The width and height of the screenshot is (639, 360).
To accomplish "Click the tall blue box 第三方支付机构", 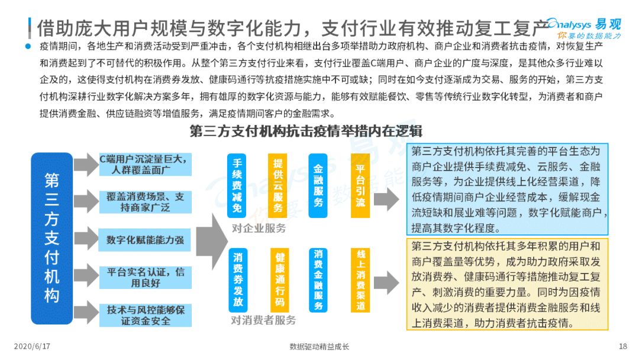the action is coord(51,238).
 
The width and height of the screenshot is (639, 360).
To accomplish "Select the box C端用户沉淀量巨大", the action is coord(146,164).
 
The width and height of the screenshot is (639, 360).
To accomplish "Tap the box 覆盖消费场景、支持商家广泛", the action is coord(146,202).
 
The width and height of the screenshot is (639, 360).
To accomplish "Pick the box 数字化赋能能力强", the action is coord(146,240).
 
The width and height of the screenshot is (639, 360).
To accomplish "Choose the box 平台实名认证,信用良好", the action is coord(146,277).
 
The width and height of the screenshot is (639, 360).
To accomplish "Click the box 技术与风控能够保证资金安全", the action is coord(146,315).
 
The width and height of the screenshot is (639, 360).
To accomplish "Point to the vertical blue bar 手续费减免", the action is coord(237,185).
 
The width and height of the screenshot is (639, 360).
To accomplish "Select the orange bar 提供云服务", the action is coord(277,185).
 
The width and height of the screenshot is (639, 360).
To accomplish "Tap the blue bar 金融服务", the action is coord(318,185).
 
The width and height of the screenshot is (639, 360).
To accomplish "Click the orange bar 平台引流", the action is coord(360,185).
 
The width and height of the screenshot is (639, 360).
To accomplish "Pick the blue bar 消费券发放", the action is coord(238,280).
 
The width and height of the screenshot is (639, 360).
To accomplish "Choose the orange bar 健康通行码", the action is coord(279,280).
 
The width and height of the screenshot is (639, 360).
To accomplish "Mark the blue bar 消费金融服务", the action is coord(318,280).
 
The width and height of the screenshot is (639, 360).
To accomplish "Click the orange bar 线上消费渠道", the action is coord(361,280).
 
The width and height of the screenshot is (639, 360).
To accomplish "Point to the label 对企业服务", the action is coord(259,229).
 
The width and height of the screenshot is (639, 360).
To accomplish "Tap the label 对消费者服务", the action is coord(263,320).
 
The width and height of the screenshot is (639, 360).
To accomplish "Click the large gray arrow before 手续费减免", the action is coord(212,242).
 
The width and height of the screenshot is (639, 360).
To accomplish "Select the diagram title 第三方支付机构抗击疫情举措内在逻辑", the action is coord(306,131).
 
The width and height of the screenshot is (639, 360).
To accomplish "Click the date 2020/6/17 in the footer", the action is coord(32,346).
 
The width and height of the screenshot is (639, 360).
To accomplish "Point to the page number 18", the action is coord(623,346).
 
